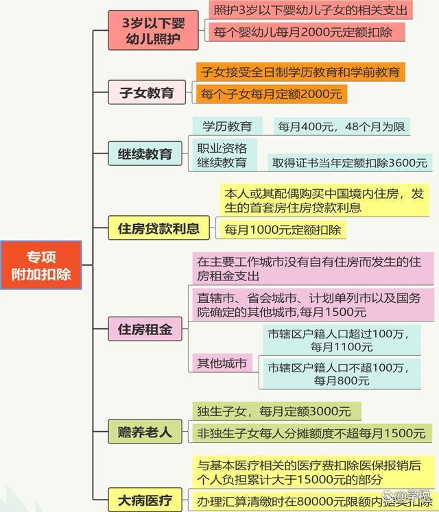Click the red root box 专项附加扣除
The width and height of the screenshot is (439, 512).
coord(41,265)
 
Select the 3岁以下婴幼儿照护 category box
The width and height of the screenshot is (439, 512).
coord(153,30)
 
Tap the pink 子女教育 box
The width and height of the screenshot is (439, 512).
coord(147,93)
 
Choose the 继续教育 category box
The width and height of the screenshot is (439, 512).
coord(145,154)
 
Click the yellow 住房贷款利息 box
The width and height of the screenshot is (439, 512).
coord(159,228)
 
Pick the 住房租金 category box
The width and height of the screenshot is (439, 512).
coord(145,329)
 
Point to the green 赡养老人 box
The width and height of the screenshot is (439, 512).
coord(145,432)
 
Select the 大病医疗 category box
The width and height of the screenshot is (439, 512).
coord(145,500)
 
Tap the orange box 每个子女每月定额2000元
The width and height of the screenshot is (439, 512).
coord(272,94)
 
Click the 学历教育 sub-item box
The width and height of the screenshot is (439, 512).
coord(227,126)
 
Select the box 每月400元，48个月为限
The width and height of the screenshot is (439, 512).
coord(342,126)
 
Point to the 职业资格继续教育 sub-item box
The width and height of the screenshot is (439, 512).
coord(224,155)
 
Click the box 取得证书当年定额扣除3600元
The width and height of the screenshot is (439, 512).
coord(350,162)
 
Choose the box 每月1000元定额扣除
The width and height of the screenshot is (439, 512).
coord(283,230)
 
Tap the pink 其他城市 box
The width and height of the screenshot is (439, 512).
coord(222,363)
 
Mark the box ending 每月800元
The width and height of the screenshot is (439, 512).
coord(342,374)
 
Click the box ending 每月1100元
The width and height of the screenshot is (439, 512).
coord(342,340)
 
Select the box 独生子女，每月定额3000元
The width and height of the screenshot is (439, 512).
coord(276,411)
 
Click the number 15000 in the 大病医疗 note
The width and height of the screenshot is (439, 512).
coord(315,480)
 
